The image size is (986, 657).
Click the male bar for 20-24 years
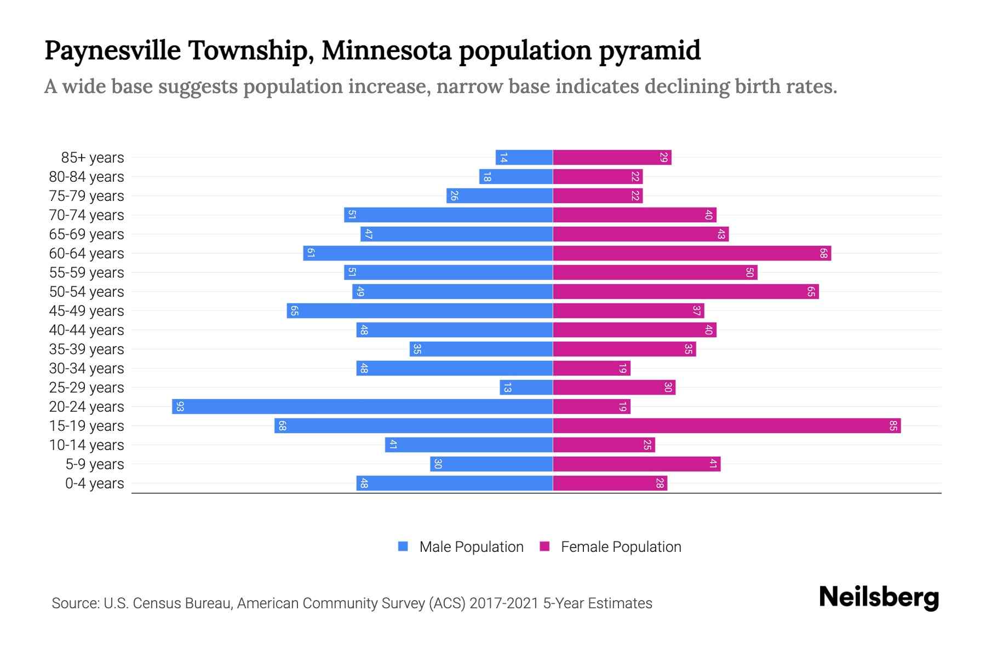pos(362,407)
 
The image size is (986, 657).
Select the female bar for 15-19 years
pos(726,426)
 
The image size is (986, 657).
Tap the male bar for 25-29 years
pos(526,388)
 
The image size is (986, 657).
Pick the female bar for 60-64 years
pos(691,253)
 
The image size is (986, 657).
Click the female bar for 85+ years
pos(612,158)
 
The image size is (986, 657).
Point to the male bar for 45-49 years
pos(419,311)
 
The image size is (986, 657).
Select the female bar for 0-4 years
pos(610,483)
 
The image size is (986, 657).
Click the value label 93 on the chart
pos(180,407)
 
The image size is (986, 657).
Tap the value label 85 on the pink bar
pos(893,426)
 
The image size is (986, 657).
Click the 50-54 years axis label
pos(87,292)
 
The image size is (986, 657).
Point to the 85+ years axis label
pos(93,158)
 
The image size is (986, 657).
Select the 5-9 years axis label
pos(95,464)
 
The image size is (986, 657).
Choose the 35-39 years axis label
pos(87,349)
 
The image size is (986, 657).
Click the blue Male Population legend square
pos(403,546)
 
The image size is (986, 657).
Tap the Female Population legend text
pos(621,547)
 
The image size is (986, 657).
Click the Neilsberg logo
pos(878,597)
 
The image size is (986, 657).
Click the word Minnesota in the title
pos(386,50)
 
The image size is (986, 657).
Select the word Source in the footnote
pos(74,603)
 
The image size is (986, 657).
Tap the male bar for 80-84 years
pos(515,177)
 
